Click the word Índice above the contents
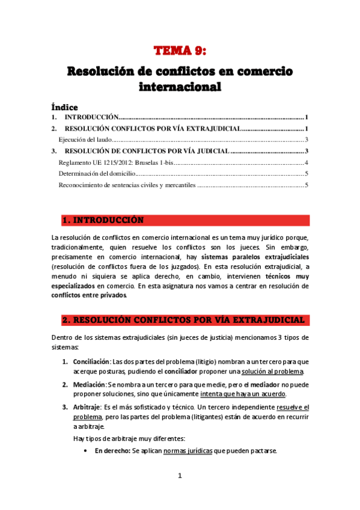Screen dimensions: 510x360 (65, 107)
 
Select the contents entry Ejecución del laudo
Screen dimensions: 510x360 (83, 140)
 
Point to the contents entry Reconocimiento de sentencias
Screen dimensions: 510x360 (127, 185)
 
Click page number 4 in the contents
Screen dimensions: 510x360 (307, 162)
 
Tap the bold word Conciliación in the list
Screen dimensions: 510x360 (91, 361)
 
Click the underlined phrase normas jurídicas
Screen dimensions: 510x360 (188, 451)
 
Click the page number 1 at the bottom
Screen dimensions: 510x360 (180, 475)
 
